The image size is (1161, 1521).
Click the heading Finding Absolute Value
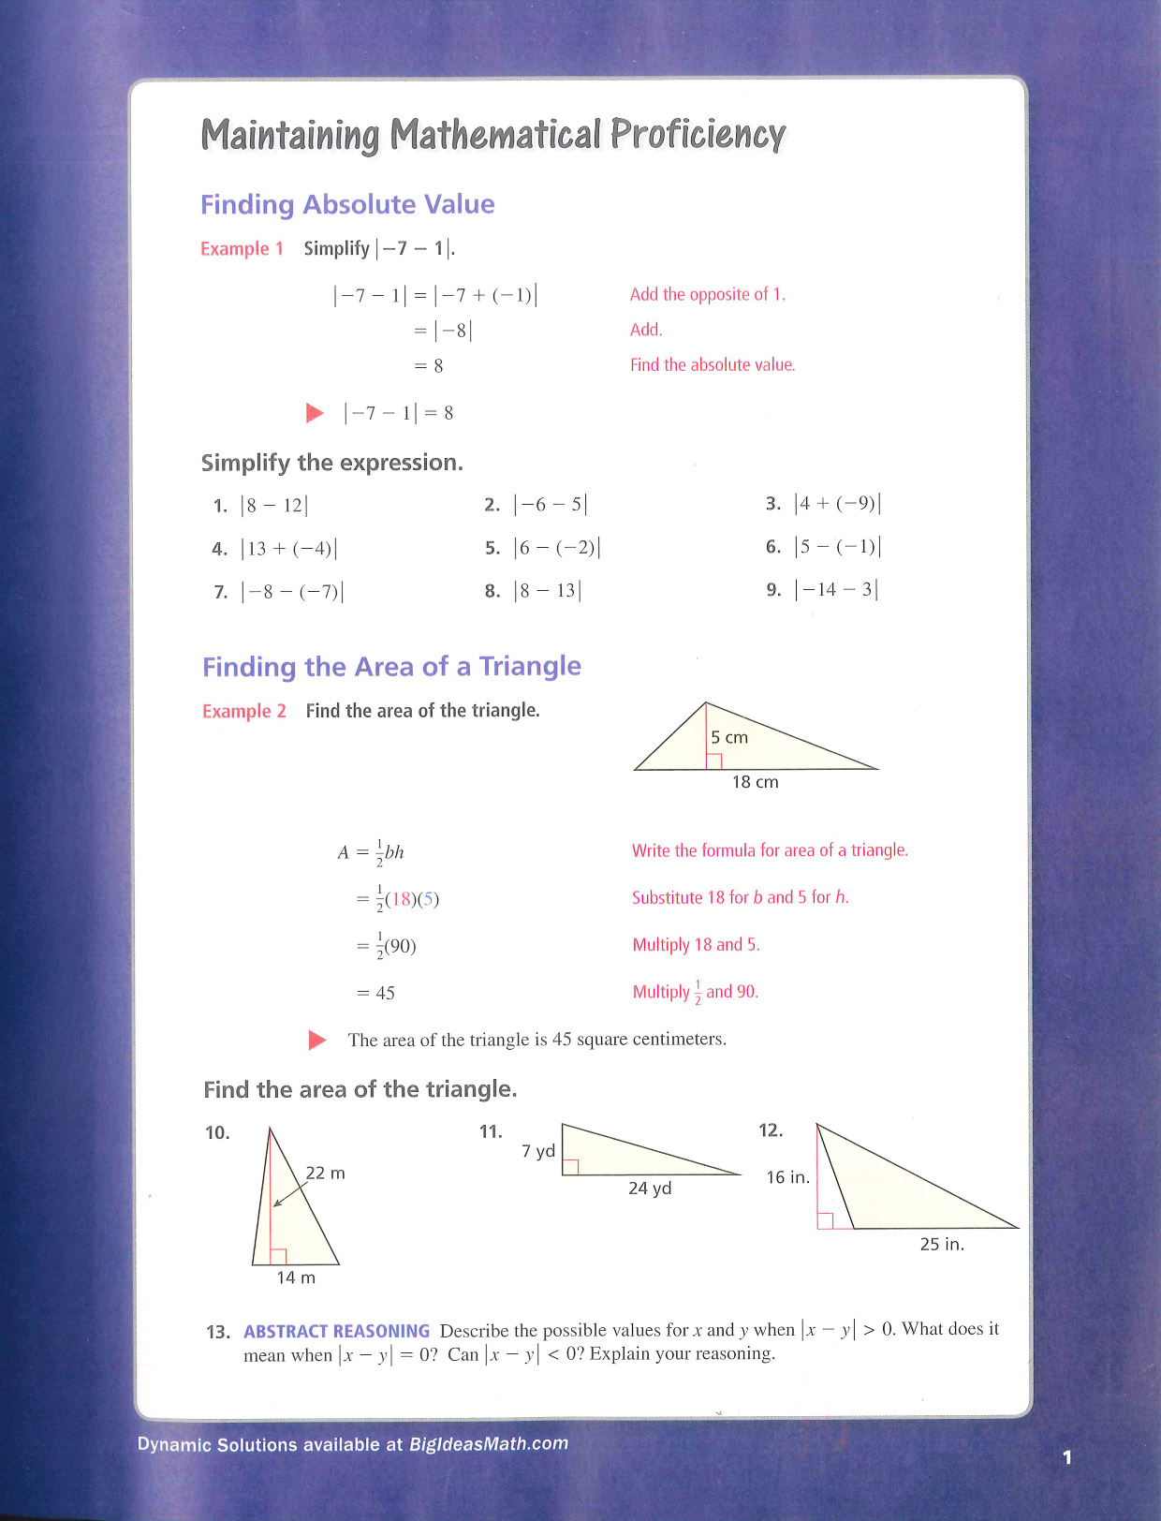coord(347,204)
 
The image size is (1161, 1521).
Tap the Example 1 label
coord(242,249)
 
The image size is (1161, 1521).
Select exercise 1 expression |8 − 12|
coord(273,506)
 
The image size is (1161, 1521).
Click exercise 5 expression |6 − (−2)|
coord(557,548)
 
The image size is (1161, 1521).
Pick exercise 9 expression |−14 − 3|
coord(836,590)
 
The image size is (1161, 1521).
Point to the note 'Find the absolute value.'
coord(713,365)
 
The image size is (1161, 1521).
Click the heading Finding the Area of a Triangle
coord(391,667)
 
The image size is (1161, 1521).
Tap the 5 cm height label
coord(729,738)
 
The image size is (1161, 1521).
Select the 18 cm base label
coord(755,782)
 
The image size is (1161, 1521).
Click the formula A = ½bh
coord(371,852)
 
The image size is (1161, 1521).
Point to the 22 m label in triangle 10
coord(326,1174)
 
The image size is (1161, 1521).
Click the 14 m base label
coord(296,1277)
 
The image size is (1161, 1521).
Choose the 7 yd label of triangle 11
coord(538,1151)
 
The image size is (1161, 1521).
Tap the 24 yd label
coord(650,1189)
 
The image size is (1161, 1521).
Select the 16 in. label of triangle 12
coord(787,1177)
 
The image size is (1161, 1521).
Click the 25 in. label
coord(942,1245)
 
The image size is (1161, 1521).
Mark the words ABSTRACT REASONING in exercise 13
coord(336,1331)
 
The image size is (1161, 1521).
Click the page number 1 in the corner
coord(1066,1457)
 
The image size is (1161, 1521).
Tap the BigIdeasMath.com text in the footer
coord(489,1444)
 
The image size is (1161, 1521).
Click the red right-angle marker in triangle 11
coord(570,1167)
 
